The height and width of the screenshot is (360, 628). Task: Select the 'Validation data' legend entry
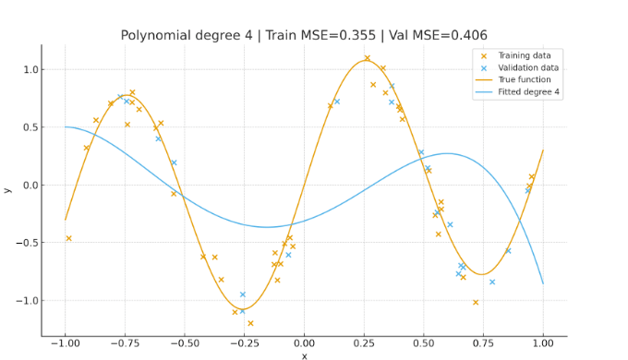529,67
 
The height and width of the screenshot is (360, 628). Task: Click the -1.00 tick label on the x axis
65,343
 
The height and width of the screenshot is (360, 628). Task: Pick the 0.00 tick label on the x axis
304,343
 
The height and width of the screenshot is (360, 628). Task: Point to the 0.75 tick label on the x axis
483,343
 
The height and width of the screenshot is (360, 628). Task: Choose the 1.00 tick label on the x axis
543,343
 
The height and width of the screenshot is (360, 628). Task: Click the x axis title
304,355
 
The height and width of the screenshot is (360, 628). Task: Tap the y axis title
8,189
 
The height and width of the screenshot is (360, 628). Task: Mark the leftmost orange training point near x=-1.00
68,238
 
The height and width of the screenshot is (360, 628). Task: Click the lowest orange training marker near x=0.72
476,302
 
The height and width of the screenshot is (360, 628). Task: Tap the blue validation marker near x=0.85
508,250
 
